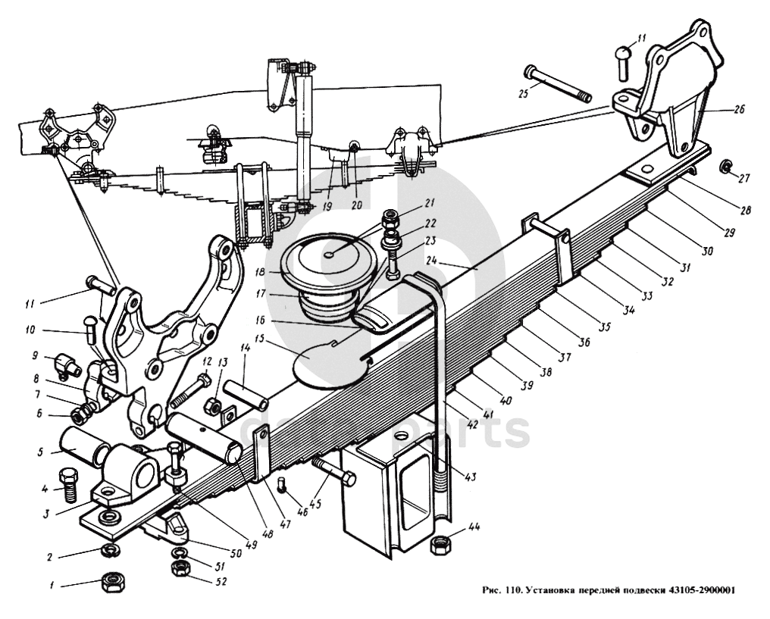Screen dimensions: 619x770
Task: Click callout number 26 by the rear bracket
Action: pos(739,110)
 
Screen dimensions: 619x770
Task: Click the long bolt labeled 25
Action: pos(557,85)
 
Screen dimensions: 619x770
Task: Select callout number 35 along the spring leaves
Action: pos(604,328)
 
